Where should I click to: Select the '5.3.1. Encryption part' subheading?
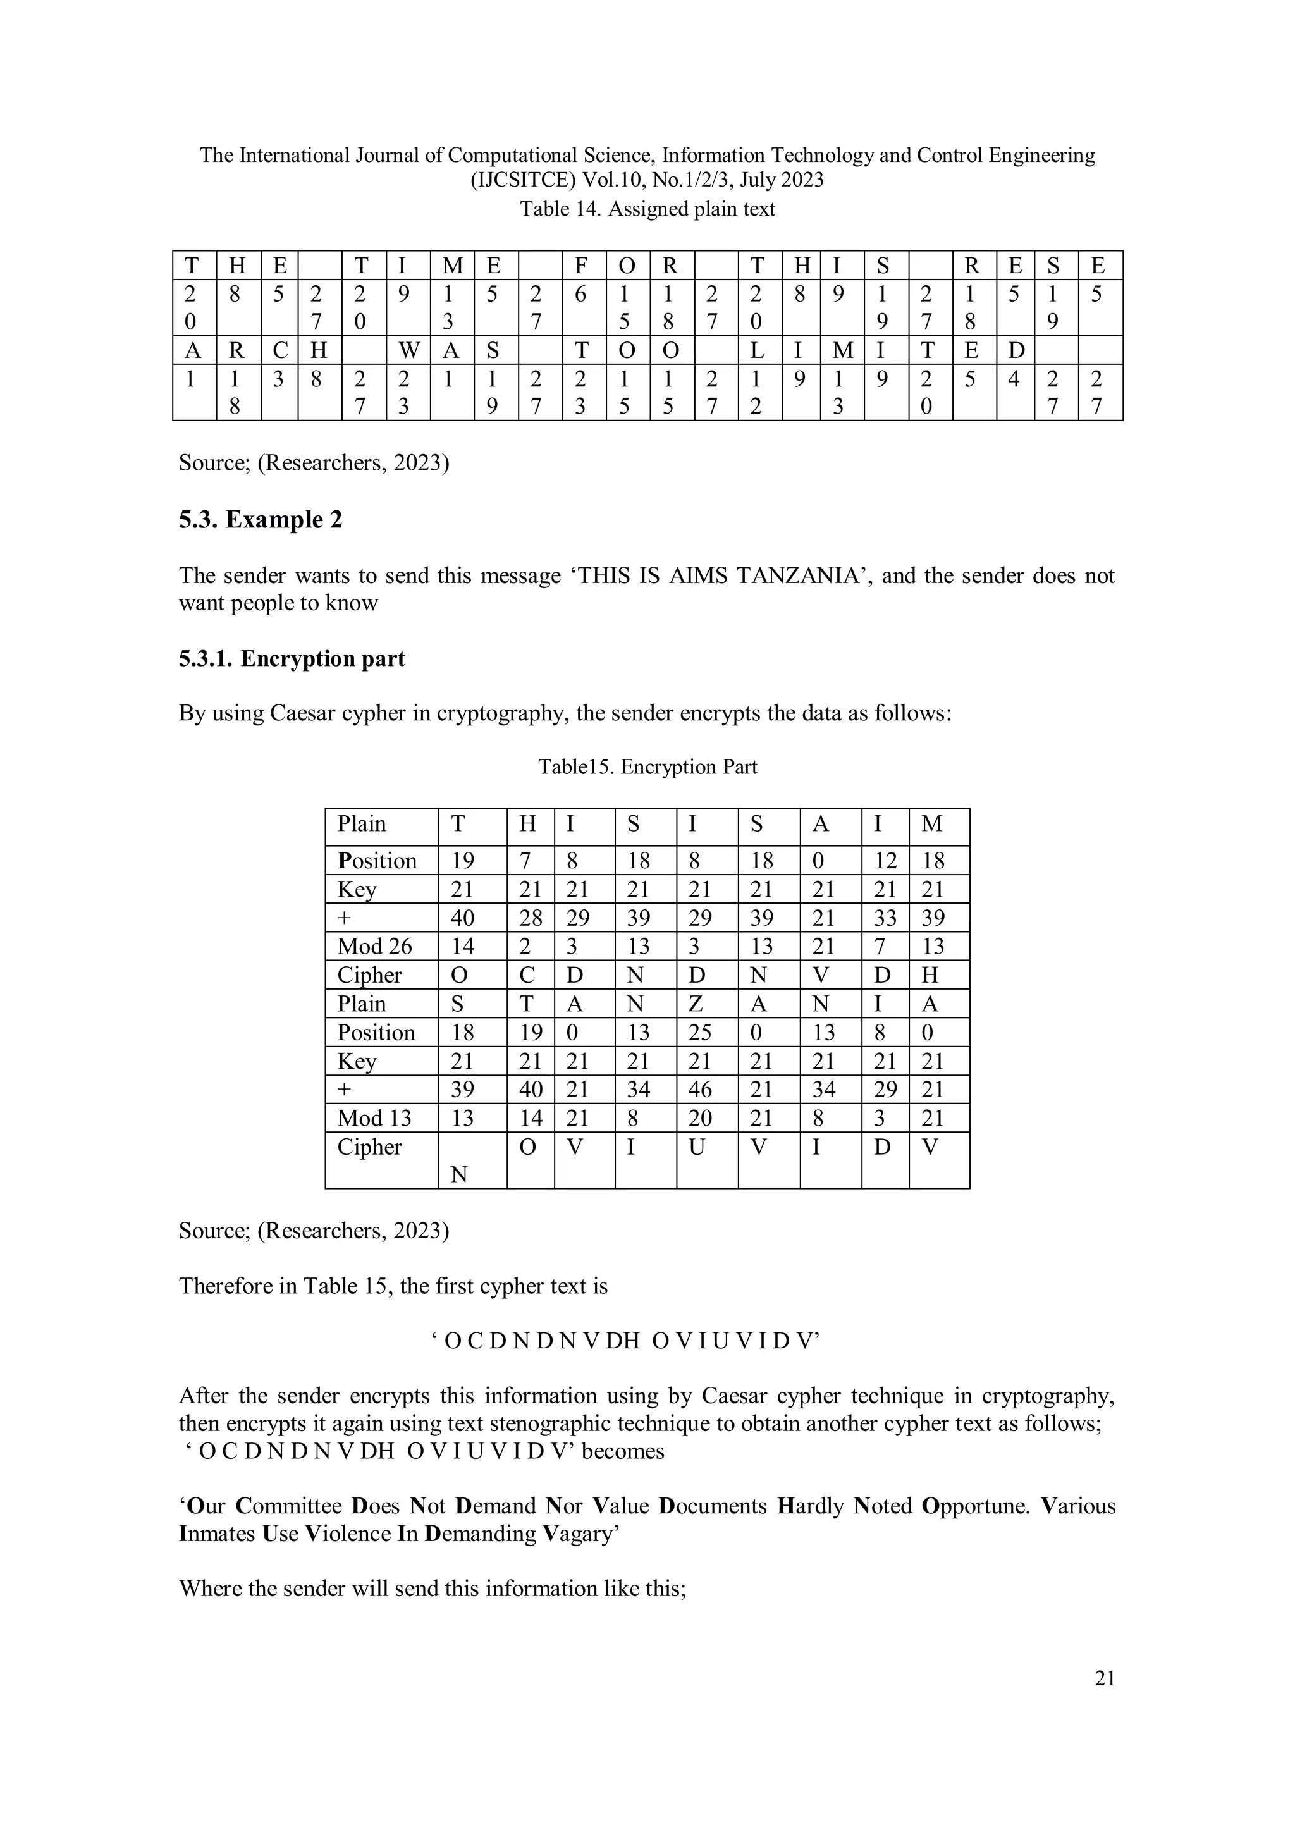pos(292,658)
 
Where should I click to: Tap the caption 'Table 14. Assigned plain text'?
pos(647,209)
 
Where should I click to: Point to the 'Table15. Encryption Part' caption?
pos(647,767)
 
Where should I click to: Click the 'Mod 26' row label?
pos(374,946)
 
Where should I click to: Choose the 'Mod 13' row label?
pos(374,1118)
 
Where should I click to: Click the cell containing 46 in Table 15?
pos(699,1089)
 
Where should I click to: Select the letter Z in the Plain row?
pos(695,1004)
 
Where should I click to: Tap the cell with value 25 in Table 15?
pos(699,1033)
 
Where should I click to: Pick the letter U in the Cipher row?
pos(696,1147)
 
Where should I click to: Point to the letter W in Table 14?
pos(408,350)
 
